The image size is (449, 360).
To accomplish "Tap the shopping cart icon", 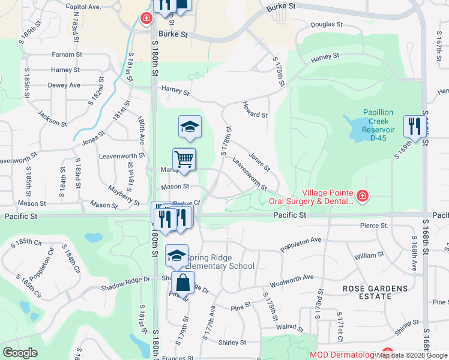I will click(184, 160).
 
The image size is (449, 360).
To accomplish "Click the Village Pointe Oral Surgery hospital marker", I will click(362, 196).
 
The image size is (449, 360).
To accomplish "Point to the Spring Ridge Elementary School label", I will click(220, 262).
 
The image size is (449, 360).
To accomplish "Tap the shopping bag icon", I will click(182, 283).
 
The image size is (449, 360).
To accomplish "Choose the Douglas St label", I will click(327, 25).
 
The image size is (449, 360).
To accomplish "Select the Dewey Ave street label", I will click(64, 85).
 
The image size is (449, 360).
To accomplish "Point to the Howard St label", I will click(255, 110).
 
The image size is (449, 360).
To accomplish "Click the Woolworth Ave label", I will click(292, 277).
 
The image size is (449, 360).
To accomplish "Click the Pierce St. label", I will click(374, 226).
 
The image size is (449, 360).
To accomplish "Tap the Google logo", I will click(19, 353).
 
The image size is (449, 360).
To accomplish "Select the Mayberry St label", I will click(124, 194).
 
